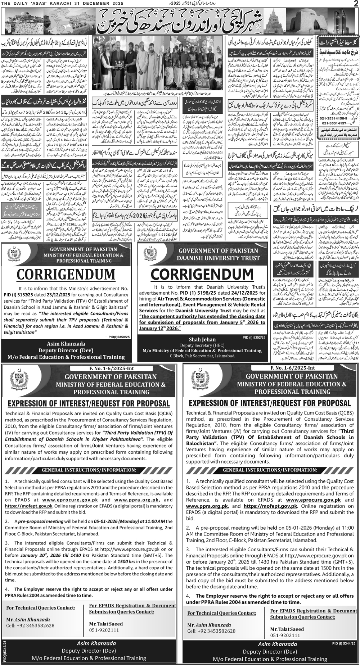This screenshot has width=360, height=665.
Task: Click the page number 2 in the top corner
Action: click(x=355, y=4)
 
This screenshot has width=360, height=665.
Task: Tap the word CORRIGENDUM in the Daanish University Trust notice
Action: click(x=202, y=275)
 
